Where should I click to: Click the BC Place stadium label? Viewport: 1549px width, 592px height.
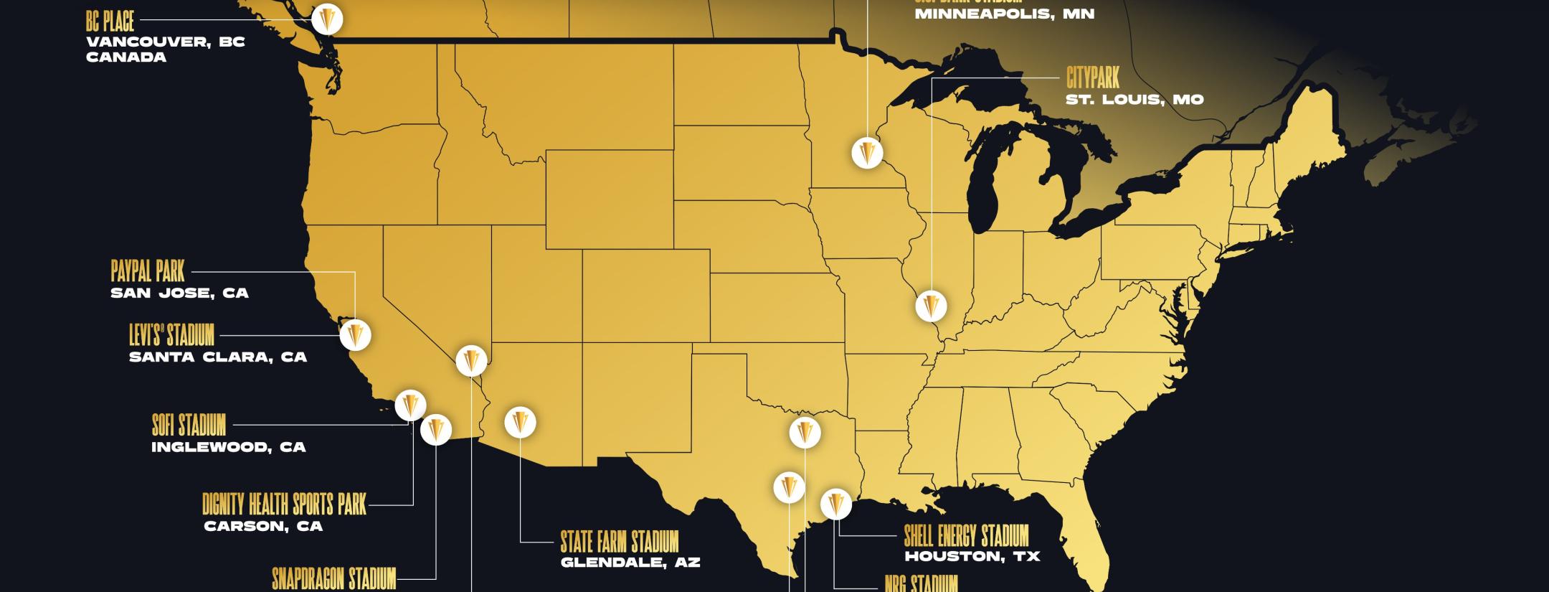click(110, 22)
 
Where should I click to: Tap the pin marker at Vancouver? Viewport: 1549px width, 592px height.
click(327, 19)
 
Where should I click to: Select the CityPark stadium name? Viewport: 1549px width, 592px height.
click(1092, 77)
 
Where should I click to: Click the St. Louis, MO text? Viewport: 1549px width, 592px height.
click(1134, 100)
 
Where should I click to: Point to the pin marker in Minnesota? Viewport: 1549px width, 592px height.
click(867, 153)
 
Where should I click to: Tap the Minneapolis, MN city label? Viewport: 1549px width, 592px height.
click(1004, 14)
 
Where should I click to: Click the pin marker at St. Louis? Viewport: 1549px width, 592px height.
click(931, 306)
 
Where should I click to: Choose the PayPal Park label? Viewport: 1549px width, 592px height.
click(148, 271)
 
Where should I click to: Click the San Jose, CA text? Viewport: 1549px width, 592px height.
click(179, 293)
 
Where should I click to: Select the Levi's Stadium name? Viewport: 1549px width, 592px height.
click(171, 335)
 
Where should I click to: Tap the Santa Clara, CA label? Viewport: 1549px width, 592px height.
click(218, 357)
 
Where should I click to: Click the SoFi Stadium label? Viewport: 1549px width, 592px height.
click(189, 425)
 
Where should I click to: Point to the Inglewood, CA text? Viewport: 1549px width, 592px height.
click(228, 447)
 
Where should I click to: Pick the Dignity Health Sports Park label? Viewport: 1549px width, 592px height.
click(284, 504)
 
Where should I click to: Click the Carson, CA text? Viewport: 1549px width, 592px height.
click(263, 527)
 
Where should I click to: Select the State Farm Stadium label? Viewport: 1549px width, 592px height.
click(619, 541)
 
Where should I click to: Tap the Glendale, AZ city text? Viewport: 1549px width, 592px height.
click(630, 563)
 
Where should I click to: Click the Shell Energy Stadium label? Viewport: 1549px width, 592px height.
click(966, 535)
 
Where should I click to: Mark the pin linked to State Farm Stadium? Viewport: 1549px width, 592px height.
click(521, 423)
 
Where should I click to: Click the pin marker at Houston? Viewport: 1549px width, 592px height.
click(835, 504)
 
